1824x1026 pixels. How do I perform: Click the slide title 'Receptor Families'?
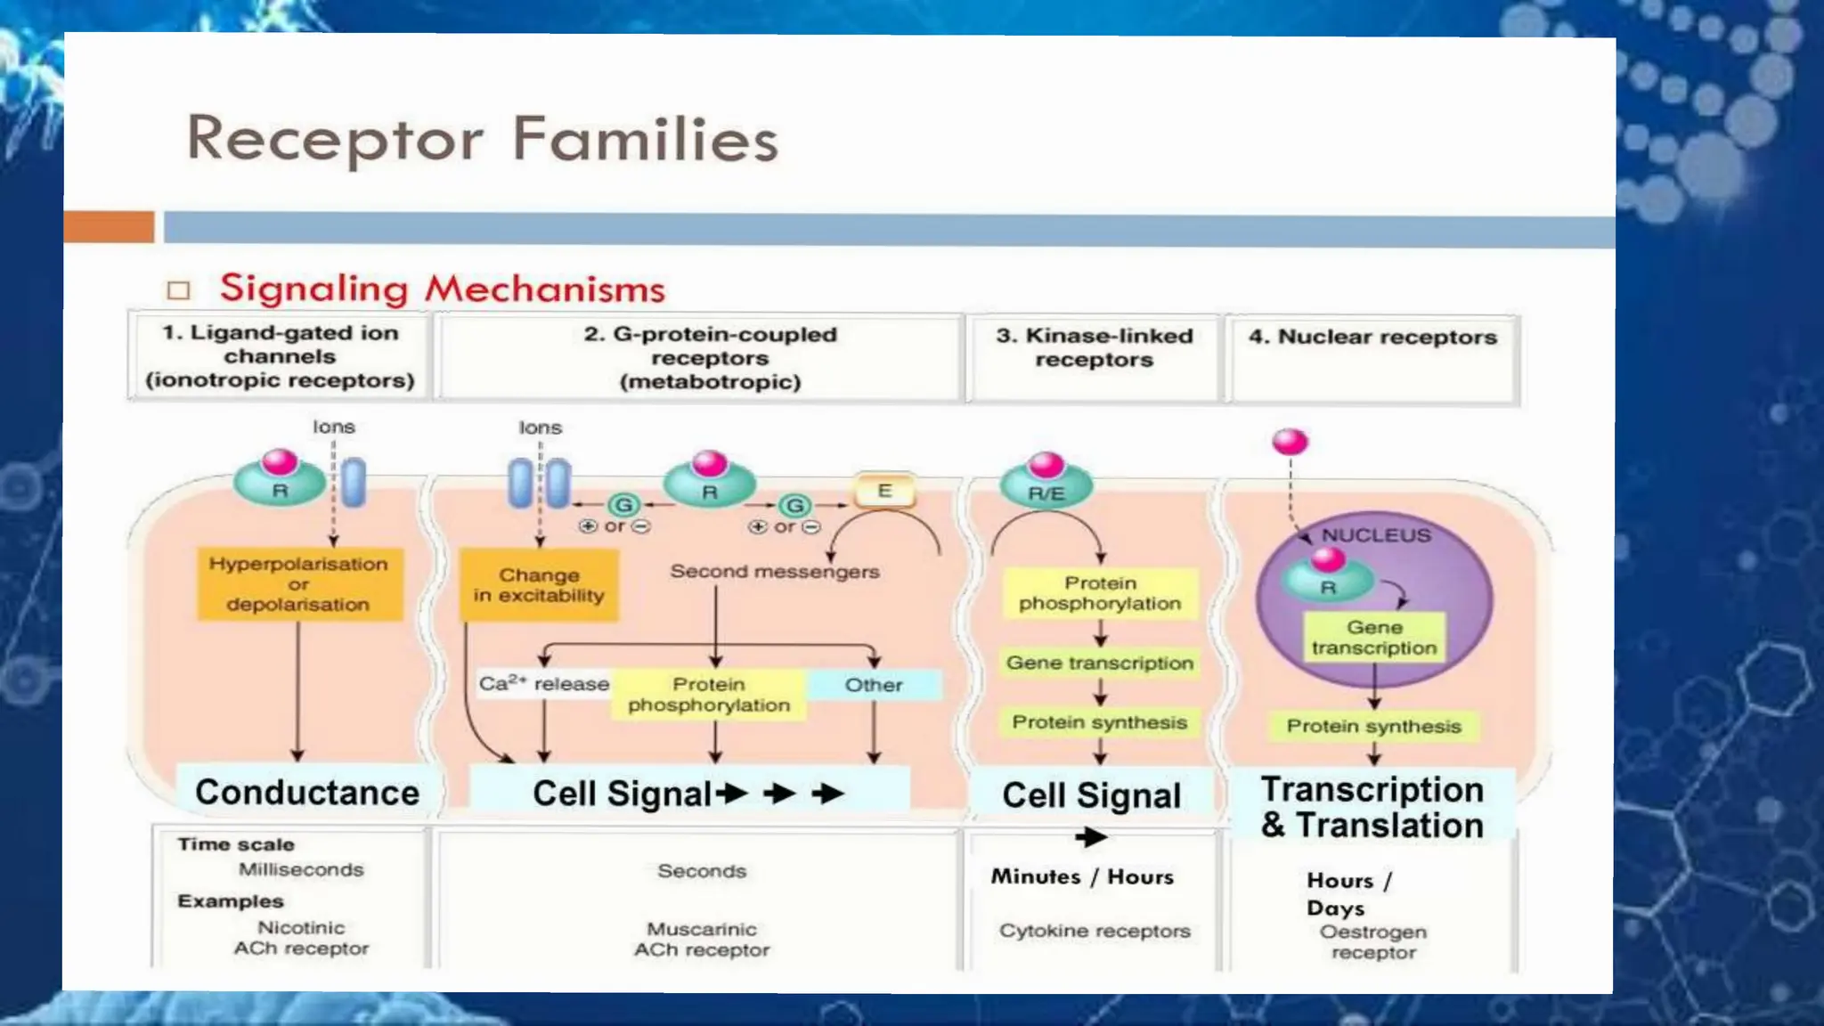tap(482, 139)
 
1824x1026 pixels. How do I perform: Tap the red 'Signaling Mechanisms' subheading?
tap(443, 289)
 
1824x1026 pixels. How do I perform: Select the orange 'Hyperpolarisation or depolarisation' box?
tap(298, 584)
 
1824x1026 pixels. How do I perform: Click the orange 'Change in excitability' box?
tap(539, 585)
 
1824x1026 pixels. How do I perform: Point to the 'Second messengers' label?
tap(774, 572)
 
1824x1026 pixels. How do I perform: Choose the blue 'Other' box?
tap(874, 685)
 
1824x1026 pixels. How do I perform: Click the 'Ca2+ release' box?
tap(544, 684)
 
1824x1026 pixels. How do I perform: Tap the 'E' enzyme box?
tap(884, 491)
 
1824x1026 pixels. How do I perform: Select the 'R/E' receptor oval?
tap(1046, 492)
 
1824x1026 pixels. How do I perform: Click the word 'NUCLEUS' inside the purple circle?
tap(1376, 535)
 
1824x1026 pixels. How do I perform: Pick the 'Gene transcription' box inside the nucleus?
tap(1374, 638)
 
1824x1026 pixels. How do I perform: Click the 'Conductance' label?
tap(307, 792)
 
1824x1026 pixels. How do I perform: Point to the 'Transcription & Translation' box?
tap(1372, 807)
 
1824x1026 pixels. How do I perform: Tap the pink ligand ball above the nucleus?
tap(1290, 442)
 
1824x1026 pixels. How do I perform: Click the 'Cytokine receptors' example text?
tap(1095, 931)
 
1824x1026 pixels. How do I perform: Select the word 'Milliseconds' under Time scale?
tap(301, 869)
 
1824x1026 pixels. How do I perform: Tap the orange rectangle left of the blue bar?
tap(109, 226)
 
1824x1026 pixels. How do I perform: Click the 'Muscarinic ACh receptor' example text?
tap(702, 940)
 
